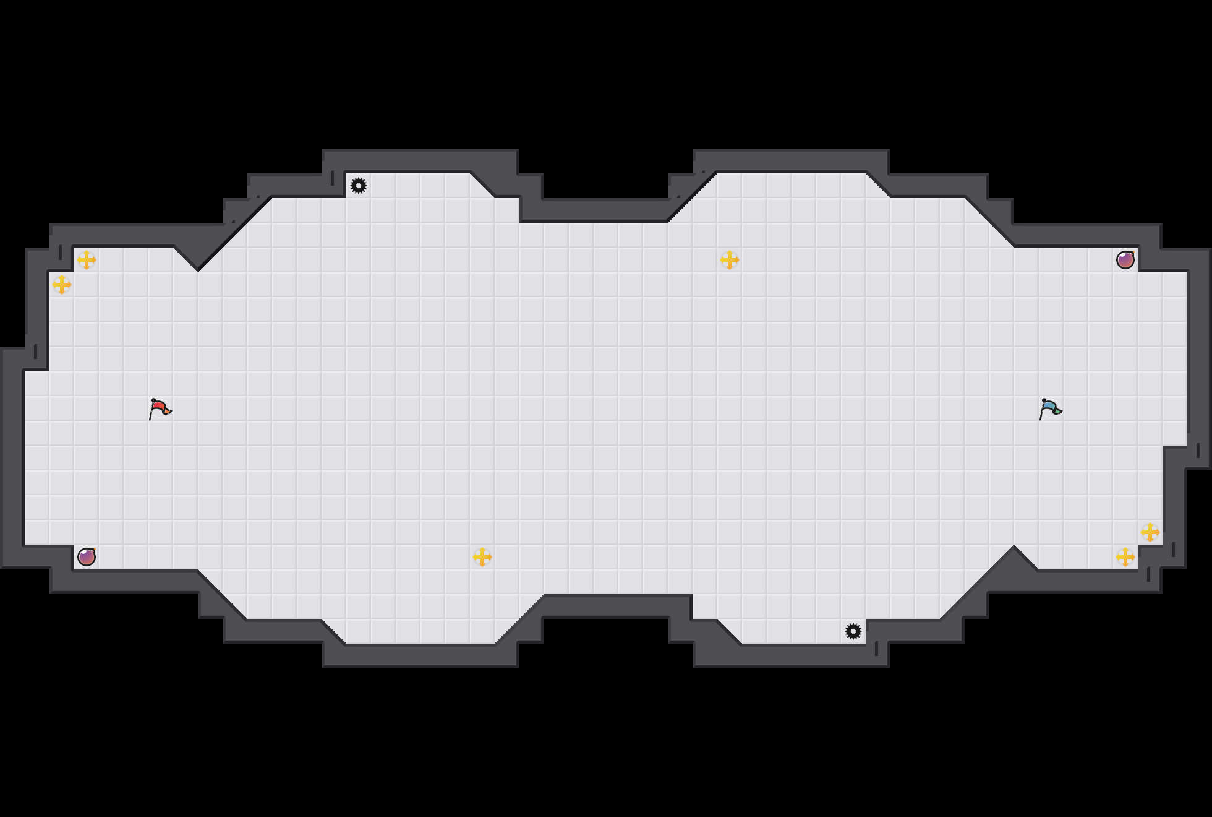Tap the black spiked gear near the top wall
click(x=359, y=186)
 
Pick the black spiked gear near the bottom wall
click(x=853, y=631)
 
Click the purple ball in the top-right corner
click(x=1125, y=260)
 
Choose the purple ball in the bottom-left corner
click(x=87, y=557)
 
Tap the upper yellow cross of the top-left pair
click(x=87, y=260)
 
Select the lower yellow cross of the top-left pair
click(x=62, y=285)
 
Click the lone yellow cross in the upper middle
click(x=730, y=260)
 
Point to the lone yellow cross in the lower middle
click(x=482, y=557)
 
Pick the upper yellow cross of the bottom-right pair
click(x=1150, y=532)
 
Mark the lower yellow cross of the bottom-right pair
click(x=1125, y=557)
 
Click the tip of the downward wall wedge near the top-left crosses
click(x=198, y=269)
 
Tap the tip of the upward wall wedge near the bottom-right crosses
click(x=1014, y=548)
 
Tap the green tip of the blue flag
click(x=1059, y=410)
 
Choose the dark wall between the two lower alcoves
click(x=618, y=607)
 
